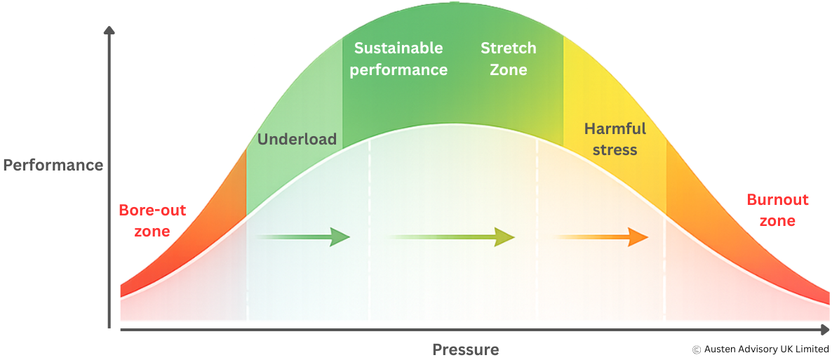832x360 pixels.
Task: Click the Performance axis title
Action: click(x=53, y=166)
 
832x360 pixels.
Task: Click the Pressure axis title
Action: click(x=465, y=349)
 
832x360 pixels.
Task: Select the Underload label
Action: click(x=297, y=139)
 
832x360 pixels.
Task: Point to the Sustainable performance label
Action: click(x=398, y=59)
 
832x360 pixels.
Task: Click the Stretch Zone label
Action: click(x=508, y=59)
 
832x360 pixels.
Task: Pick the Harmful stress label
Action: click(x=615, y=139)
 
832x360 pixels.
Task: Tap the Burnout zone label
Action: click(x=777, y=210)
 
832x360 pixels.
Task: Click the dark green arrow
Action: click(x=303, y=237)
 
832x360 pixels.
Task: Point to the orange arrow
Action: click(x=602, y=237)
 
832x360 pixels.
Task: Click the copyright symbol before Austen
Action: click(x=697, y=349)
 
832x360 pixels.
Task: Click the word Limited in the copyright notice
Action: click(x=811, y=349)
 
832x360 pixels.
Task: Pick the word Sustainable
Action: click(x=398, y=48)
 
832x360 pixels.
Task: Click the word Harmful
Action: click(x=615, y=129)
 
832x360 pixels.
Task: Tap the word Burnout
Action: click(x=777, y=200)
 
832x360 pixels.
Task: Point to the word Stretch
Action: click(x=508, y=48)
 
